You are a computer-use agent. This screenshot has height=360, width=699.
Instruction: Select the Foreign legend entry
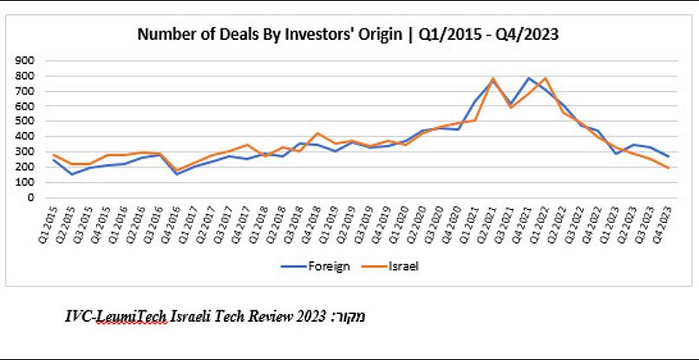point(321,265)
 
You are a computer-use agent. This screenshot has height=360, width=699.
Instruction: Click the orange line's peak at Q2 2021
point(493,79)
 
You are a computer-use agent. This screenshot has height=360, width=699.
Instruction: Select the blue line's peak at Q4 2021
point(528,78)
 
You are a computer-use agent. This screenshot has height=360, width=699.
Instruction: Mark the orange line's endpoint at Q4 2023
point(669,167)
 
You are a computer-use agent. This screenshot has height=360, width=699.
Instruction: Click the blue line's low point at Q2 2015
point(72,174)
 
